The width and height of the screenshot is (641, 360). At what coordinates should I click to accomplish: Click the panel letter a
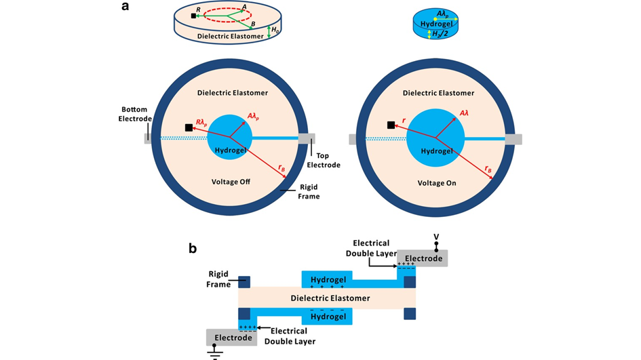coord(125,7)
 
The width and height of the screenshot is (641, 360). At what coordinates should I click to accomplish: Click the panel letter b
coord(193,248)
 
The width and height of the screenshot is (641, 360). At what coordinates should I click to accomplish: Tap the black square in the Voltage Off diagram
coord(188,127)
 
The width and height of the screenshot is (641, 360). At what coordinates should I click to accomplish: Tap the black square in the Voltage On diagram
coord(391,125)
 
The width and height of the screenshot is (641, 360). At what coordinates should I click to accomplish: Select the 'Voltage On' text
coord(437,183)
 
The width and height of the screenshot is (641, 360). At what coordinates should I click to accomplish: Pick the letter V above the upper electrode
coord(436,237)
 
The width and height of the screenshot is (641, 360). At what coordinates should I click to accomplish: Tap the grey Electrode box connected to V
coord(423,258)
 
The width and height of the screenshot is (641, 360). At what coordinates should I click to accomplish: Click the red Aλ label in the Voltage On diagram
coord(465,113)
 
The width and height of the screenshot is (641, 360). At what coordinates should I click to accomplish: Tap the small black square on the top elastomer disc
coord(193,15)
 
